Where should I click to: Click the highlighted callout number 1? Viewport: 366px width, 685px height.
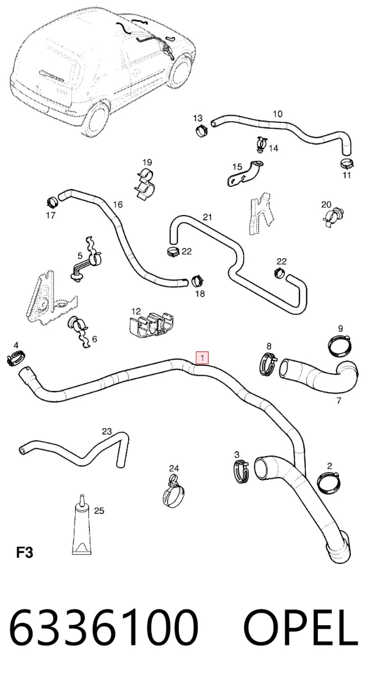203,358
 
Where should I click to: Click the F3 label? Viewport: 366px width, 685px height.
24,552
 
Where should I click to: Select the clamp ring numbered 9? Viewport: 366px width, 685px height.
341,345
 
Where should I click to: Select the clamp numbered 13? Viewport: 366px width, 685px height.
201,130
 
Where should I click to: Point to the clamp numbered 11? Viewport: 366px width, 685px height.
346,164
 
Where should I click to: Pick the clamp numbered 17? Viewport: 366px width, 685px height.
52,203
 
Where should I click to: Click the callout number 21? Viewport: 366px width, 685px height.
207,217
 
